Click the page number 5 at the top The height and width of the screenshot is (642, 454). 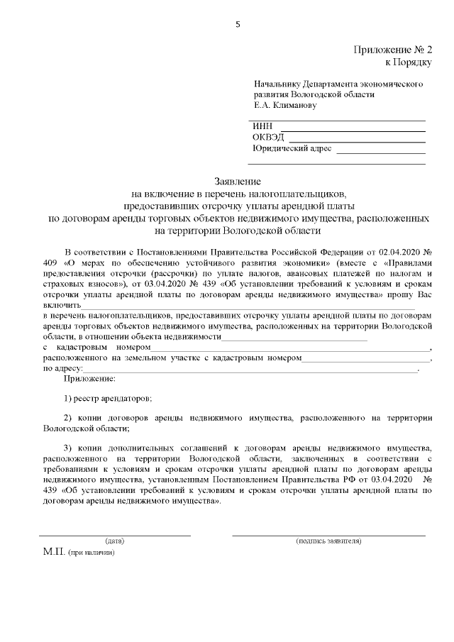coord(238,25)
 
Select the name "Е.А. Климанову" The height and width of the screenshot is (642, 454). coord(285,105)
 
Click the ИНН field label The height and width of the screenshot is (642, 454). coord(262,126)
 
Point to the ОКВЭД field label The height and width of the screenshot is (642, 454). coord(267,138)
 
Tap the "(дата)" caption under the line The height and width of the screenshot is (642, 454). coord(115,541)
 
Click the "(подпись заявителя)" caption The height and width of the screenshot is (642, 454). coord(328,541)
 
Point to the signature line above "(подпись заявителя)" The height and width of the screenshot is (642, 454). coord(328,535)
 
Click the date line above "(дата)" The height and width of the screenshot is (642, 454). coord(115,535)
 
